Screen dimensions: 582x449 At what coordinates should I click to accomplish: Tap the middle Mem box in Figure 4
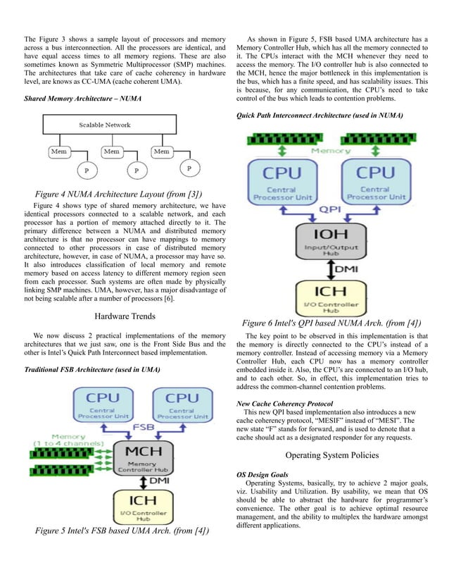(x=111, y=151)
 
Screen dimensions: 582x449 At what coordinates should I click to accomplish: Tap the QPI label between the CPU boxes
(x=327, y=209)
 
